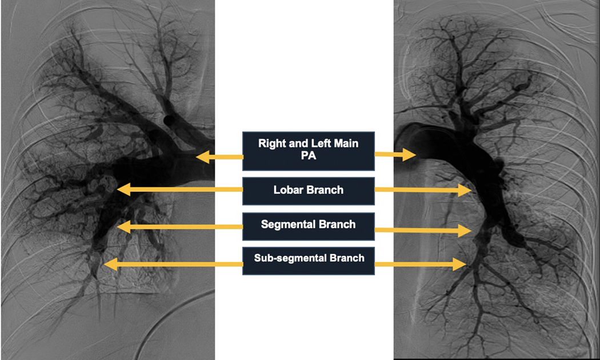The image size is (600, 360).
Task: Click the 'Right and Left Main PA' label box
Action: click(309, 151)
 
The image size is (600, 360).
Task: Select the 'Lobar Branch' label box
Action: click(309, 190)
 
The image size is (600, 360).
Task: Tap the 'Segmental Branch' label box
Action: click(309, 225)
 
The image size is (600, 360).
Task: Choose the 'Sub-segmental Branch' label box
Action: click(309, 258)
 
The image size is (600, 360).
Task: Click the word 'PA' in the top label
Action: click(309, 158)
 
